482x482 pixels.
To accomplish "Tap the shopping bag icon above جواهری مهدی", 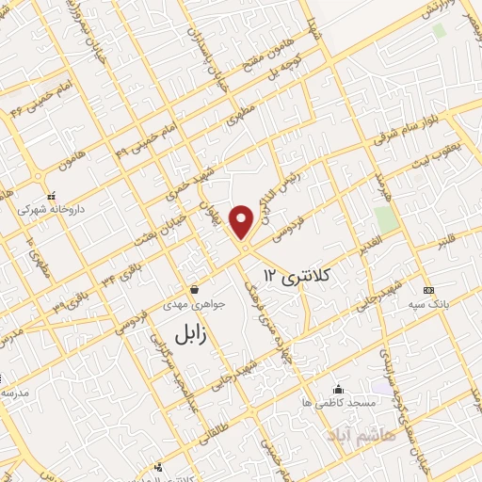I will [x=193, y=290].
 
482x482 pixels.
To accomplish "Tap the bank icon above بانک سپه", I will [x=429, y=290].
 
